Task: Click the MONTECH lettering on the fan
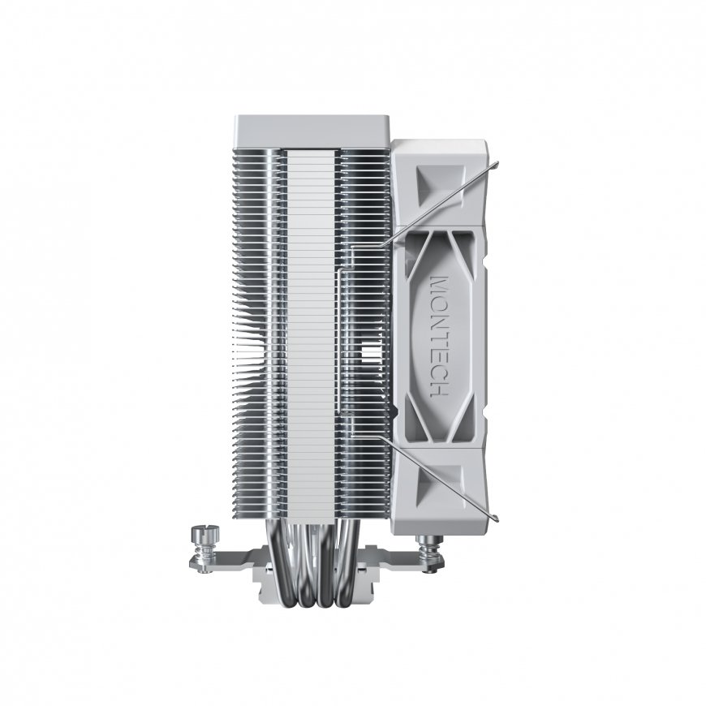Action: pyautogui.click(x=439, y=336)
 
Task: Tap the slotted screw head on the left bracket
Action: pyautogui.click(x=204, y=532)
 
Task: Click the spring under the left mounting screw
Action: pyautogui.click(x=204, y=549)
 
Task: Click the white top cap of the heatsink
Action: pyautogui.click(x=311, y=132)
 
